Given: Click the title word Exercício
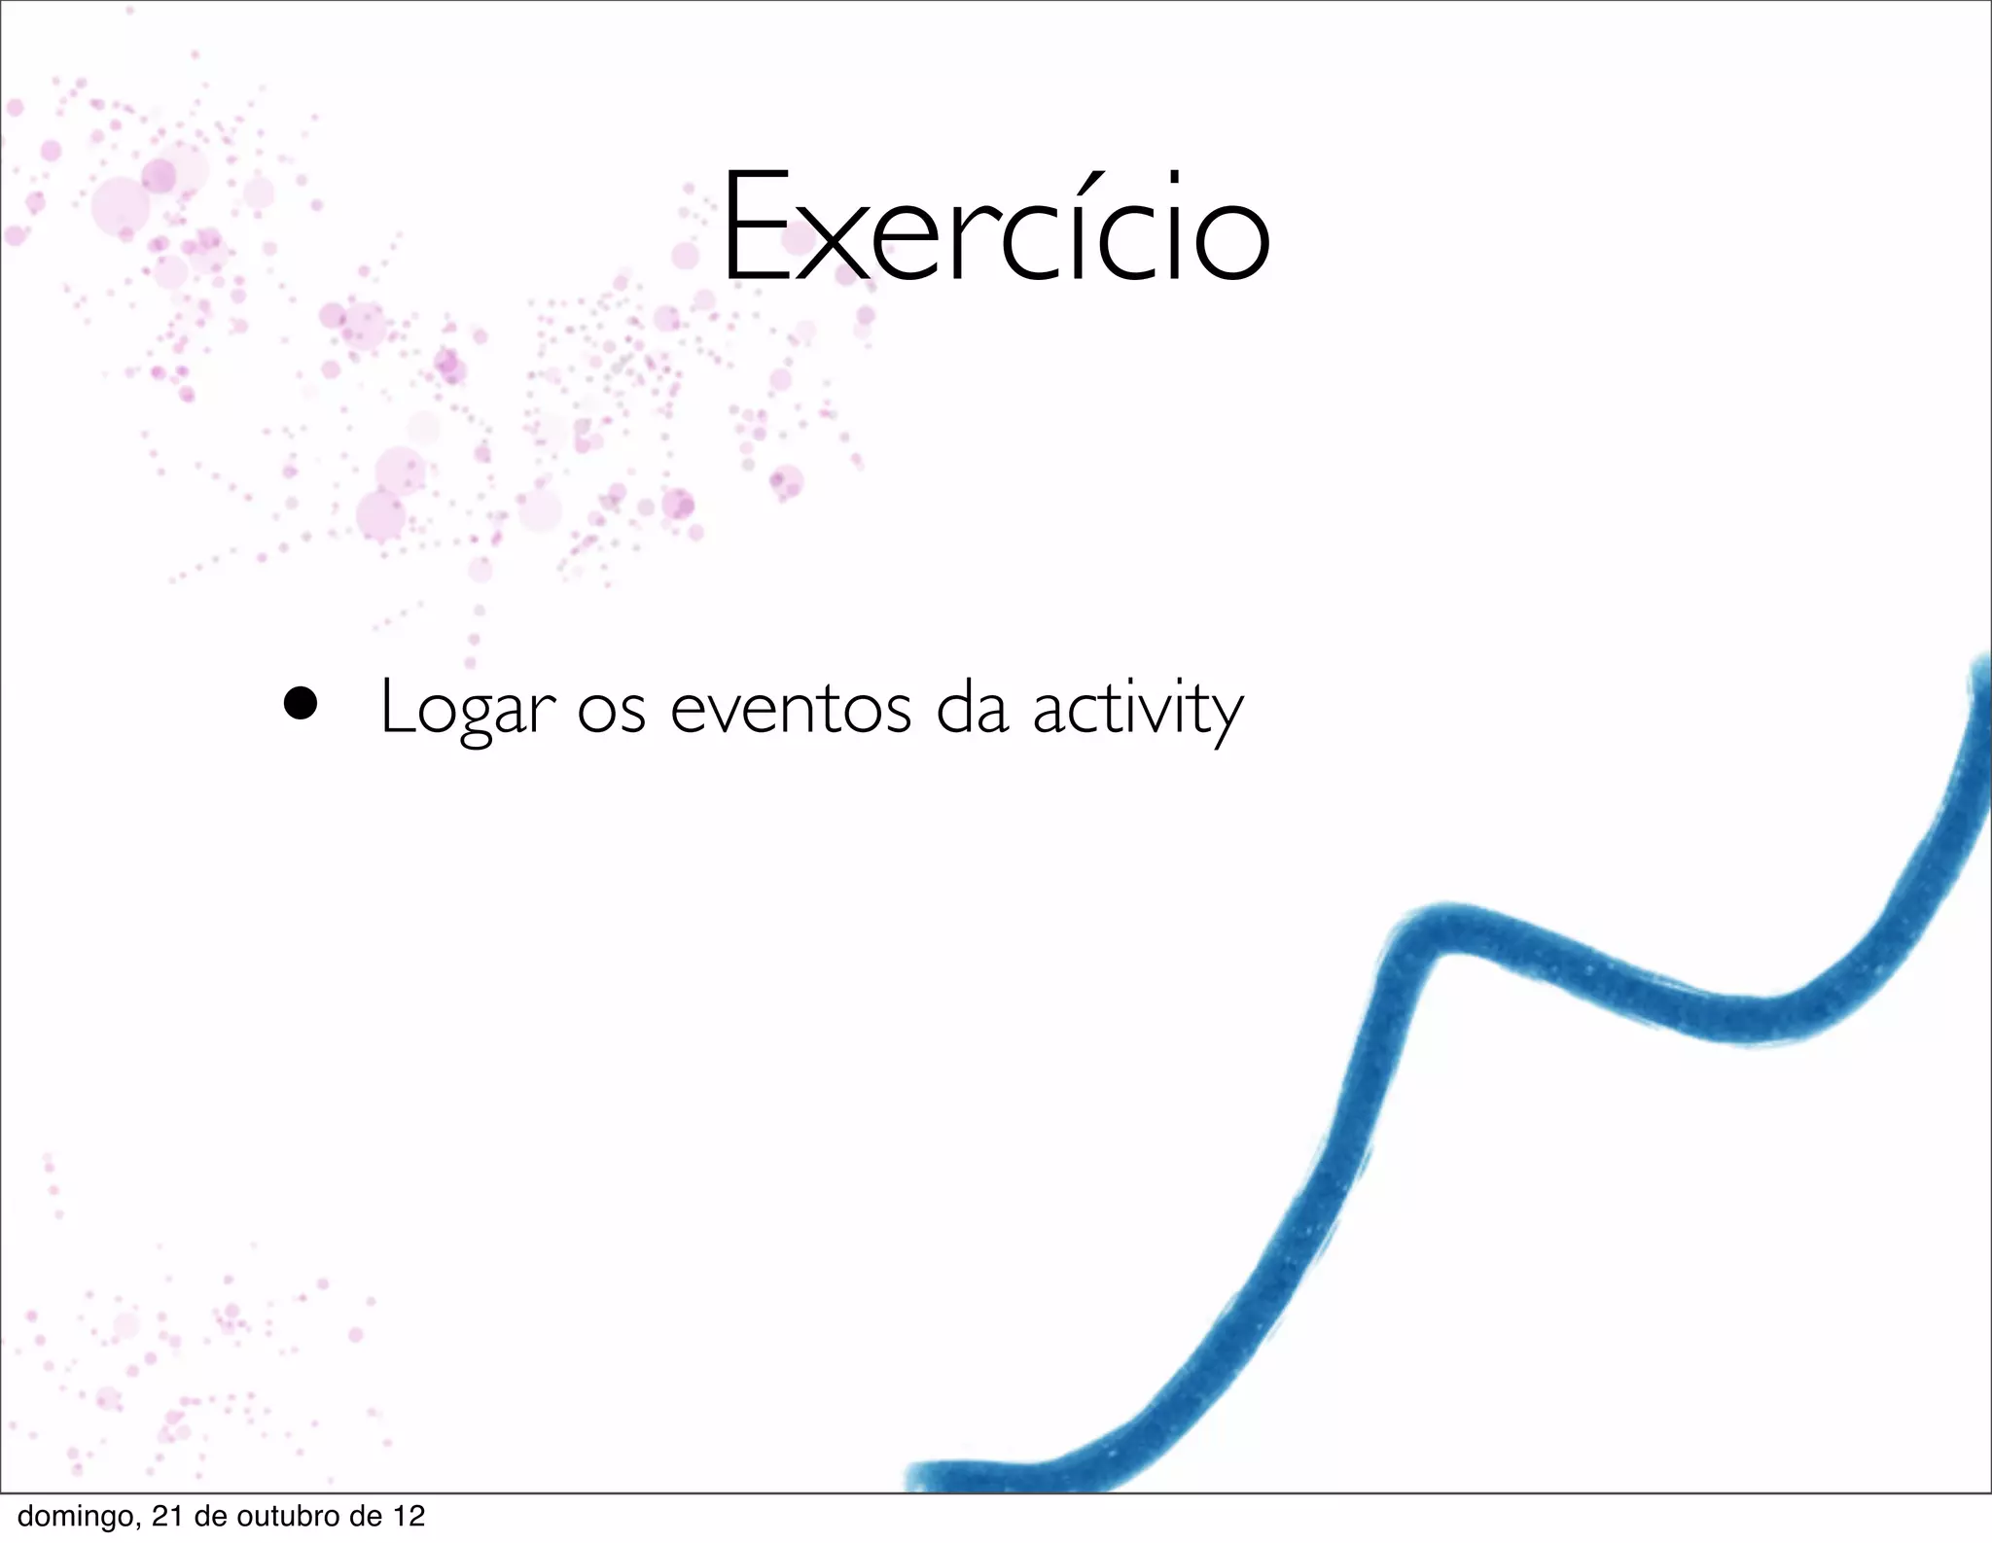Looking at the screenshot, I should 994,228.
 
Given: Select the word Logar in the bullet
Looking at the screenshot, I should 467,708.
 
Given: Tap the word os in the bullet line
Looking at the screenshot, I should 611,711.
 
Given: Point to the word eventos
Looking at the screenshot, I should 790,709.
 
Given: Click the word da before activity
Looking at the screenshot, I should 972,708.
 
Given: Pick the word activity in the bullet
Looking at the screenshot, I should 1137,710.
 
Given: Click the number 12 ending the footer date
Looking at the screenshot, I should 409,1516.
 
